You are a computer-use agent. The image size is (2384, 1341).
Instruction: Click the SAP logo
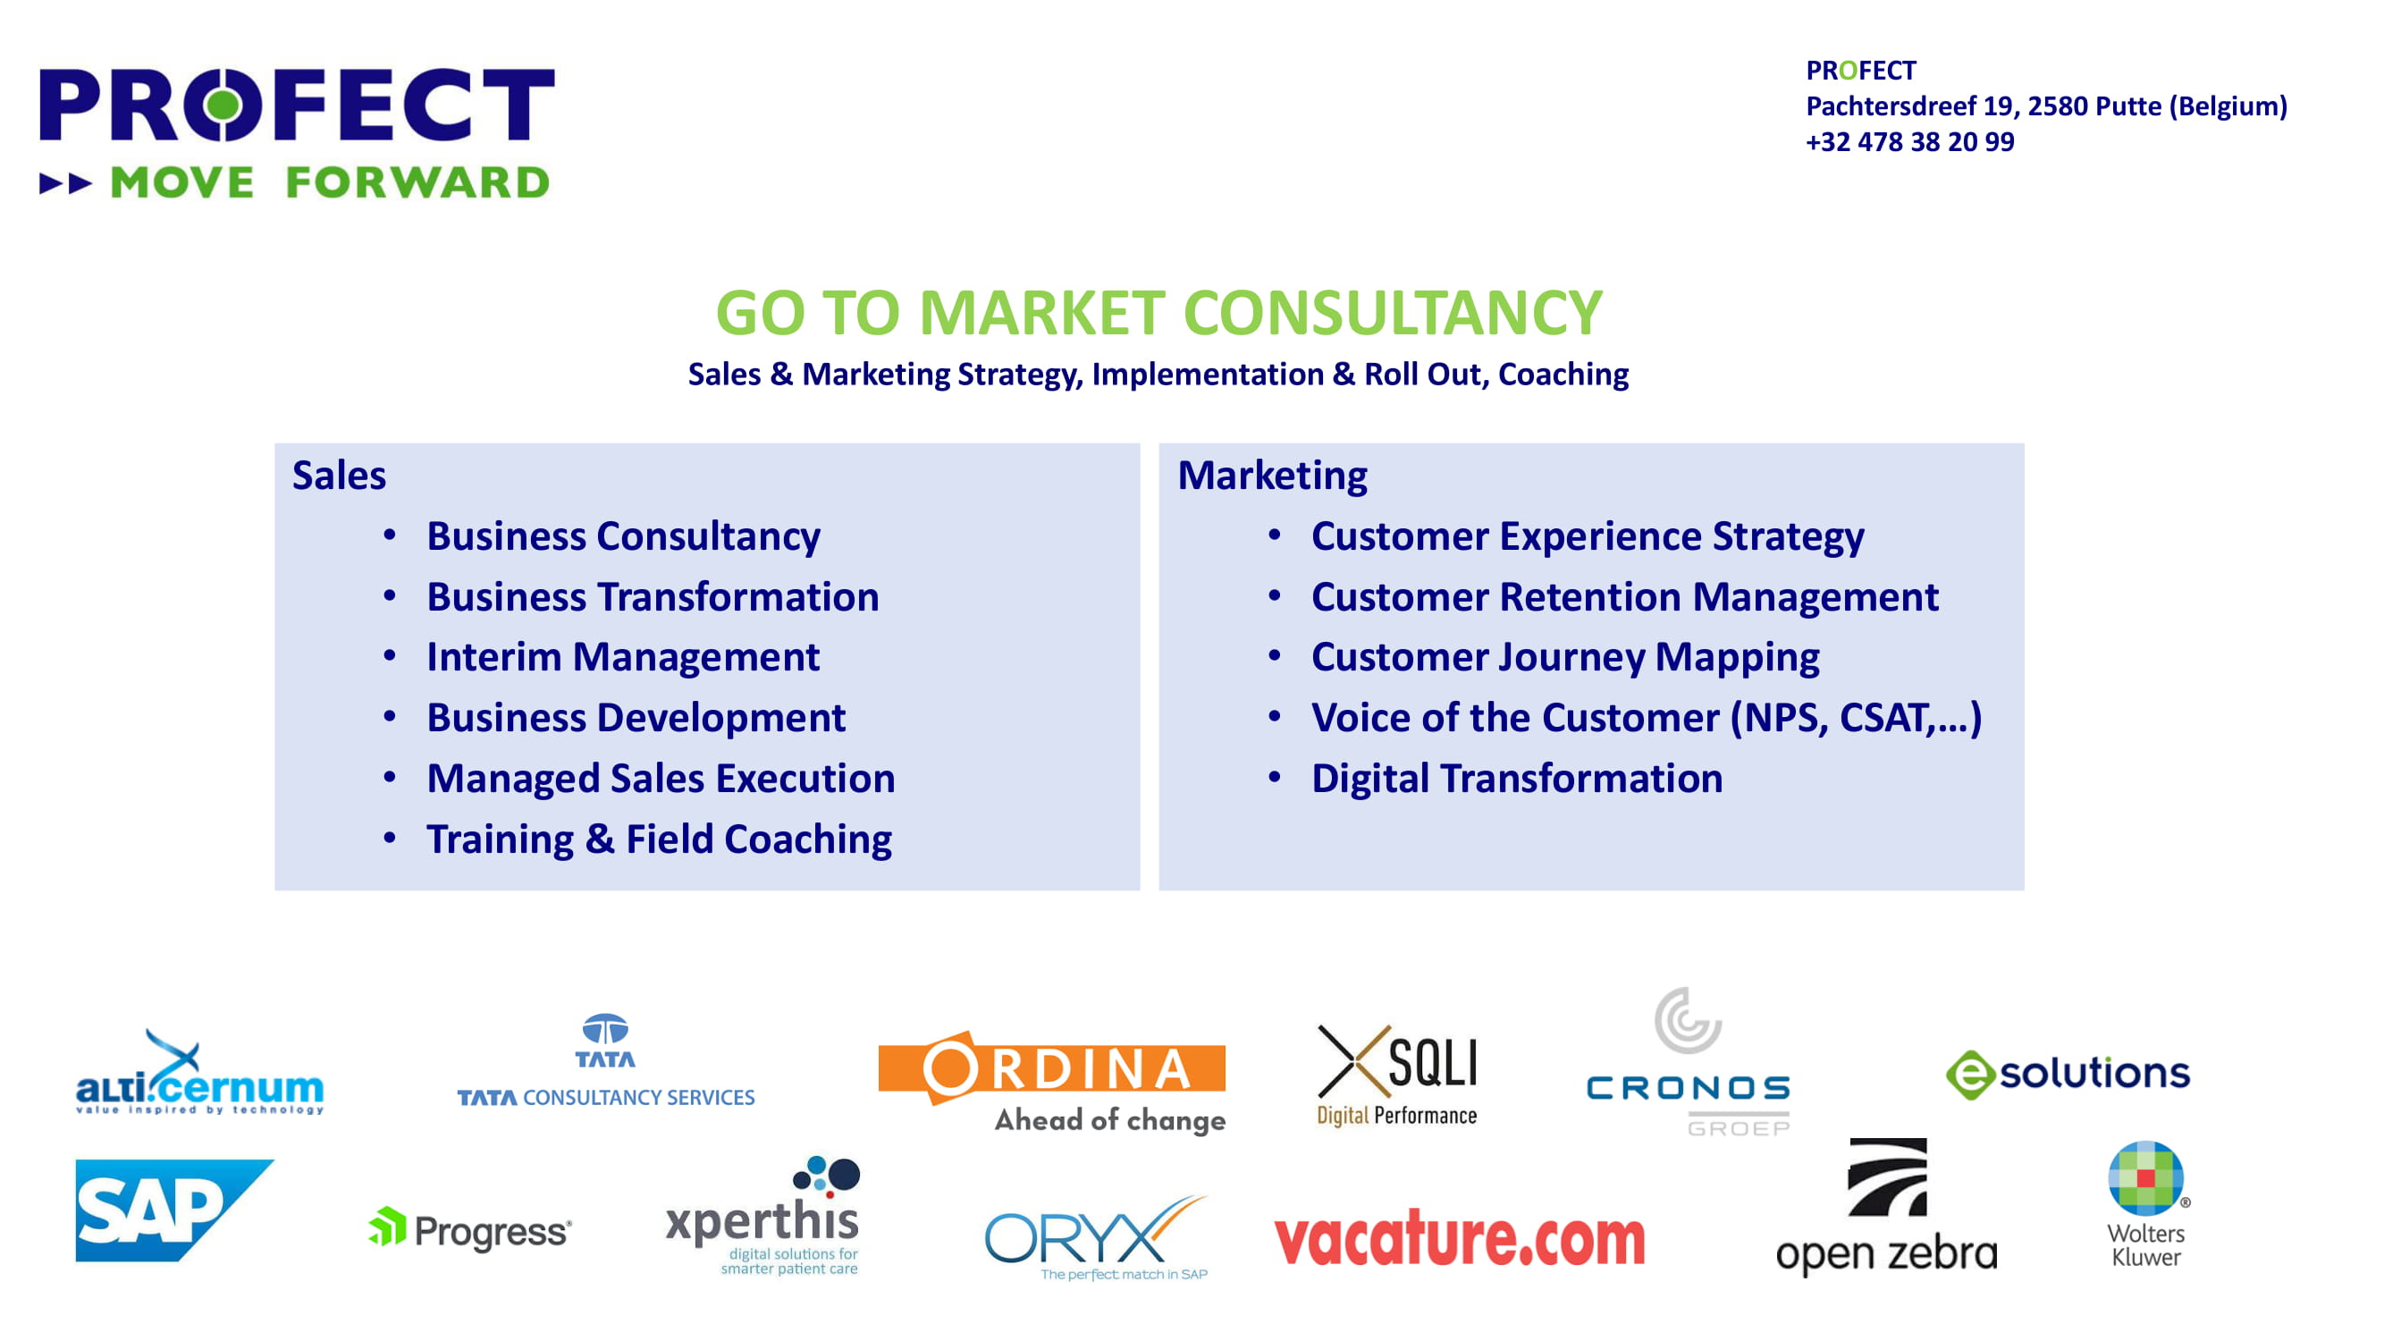[174, 1210]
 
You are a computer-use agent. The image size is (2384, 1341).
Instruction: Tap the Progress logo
[470, 1230]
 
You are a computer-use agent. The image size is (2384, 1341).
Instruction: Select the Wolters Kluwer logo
[2147, 1205]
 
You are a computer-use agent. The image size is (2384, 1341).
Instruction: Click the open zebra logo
[1887, 1207]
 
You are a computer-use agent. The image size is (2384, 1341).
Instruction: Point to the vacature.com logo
[1460, 1238]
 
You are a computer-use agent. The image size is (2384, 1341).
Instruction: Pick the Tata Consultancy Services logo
[606, 1061]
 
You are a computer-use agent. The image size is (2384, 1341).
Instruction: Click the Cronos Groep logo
[1689, 1061]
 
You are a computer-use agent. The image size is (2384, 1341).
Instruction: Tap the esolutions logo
[2068, 1075]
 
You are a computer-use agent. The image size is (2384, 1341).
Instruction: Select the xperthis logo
[763, 1216]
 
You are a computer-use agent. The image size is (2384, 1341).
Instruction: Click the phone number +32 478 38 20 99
[1910, 141]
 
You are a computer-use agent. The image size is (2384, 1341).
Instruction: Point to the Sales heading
[339, 475]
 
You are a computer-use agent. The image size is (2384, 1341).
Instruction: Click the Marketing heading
[1273, 475]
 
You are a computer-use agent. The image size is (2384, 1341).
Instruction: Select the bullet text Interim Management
[623, 657]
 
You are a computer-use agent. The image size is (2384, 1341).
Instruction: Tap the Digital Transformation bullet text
[1517, 779]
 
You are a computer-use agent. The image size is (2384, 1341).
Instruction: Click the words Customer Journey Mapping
[1565, 658]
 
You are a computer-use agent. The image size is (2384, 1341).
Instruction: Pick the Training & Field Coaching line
[659, 839]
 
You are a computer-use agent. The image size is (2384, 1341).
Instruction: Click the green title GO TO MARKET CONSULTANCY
[1158, 312]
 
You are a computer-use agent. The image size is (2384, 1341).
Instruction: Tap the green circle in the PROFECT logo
[222, 105]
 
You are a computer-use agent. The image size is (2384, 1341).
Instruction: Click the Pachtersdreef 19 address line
[2046, 106]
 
